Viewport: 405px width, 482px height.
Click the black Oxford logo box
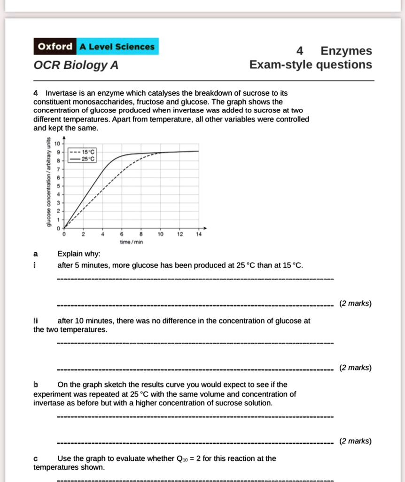pyautogui.click(x=55, y=47)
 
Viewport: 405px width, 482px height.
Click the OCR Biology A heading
pyautogui.click(x=76, y=65)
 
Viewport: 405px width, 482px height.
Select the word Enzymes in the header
pyautogui.click(x=346, y=51)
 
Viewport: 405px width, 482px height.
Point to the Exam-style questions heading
pyautogui.click(x=311, y=64)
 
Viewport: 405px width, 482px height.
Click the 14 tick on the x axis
pyautogui.click(x=199, y=234)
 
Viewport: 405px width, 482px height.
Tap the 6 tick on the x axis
pyautogui.click(x=122, y=234)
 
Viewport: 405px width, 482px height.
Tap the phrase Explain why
pyautogui.click(x=78, y=254)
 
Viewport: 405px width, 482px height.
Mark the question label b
pyautogui.click(x=36, y=385)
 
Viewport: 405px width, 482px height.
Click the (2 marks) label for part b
pyautogui.click(x=355, y=441)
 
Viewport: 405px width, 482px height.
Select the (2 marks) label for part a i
pyautogui.click(x=355, y=303)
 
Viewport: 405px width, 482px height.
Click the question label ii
pyautogui.click(x=36, y=321)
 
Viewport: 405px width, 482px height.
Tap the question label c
pyautogui.click(x=36, y=458)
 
